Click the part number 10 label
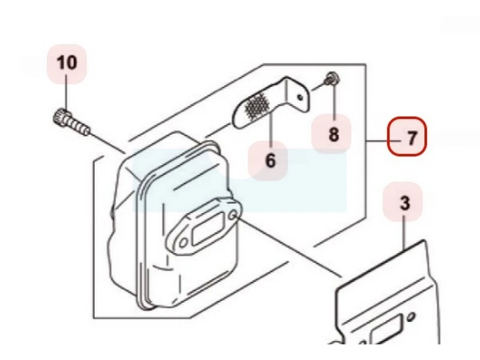pyautogui.click(x=67, y=62)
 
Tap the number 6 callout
pyautogui.click(x=269, y=160)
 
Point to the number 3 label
pyautogui.click(x=405, y=203)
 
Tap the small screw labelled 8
pyautogui.click(x=331, y=79)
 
